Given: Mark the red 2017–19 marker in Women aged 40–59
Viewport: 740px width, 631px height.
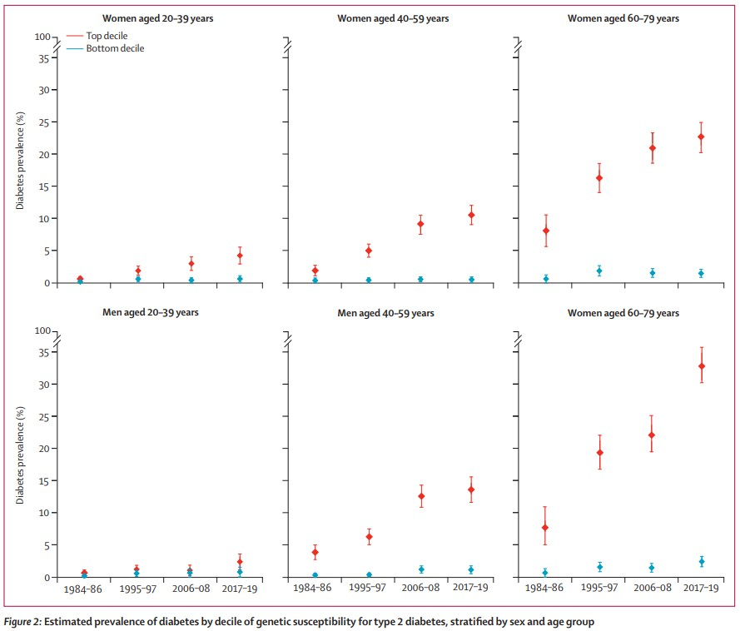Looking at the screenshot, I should click(x=471, y=216).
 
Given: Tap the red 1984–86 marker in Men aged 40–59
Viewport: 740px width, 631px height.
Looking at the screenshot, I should click(x=315, y=552).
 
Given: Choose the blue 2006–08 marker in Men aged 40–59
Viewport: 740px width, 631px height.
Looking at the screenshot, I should click(x=421, y=569).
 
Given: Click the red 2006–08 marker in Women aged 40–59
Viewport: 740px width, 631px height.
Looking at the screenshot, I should click(x=421, y=224).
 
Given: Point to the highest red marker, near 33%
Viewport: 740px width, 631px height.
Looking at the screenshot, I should click(x=702, y=366).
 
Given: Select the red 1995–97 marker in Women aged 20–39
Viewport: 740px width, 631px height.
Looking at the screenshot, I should click(x=138, y=271).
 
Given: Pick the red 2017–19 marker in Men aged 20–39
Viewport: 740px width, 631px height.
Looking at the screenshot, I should click(x=240, y=562).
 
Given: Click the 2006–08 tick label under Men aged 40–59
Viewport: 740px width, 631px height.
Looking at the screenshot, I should click(x=421, y=588).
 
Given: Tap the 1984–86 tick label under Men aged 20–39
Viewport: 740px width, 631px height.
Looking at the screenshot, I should click(x=82, y=588).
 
